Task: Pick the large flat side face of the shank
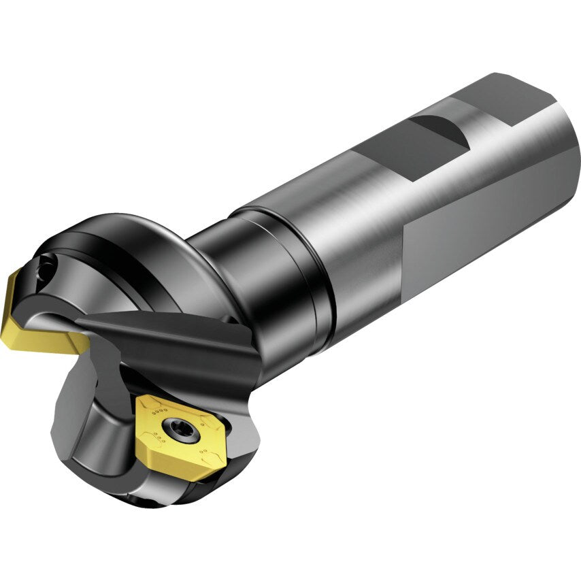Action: click(x=490, y=225)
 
